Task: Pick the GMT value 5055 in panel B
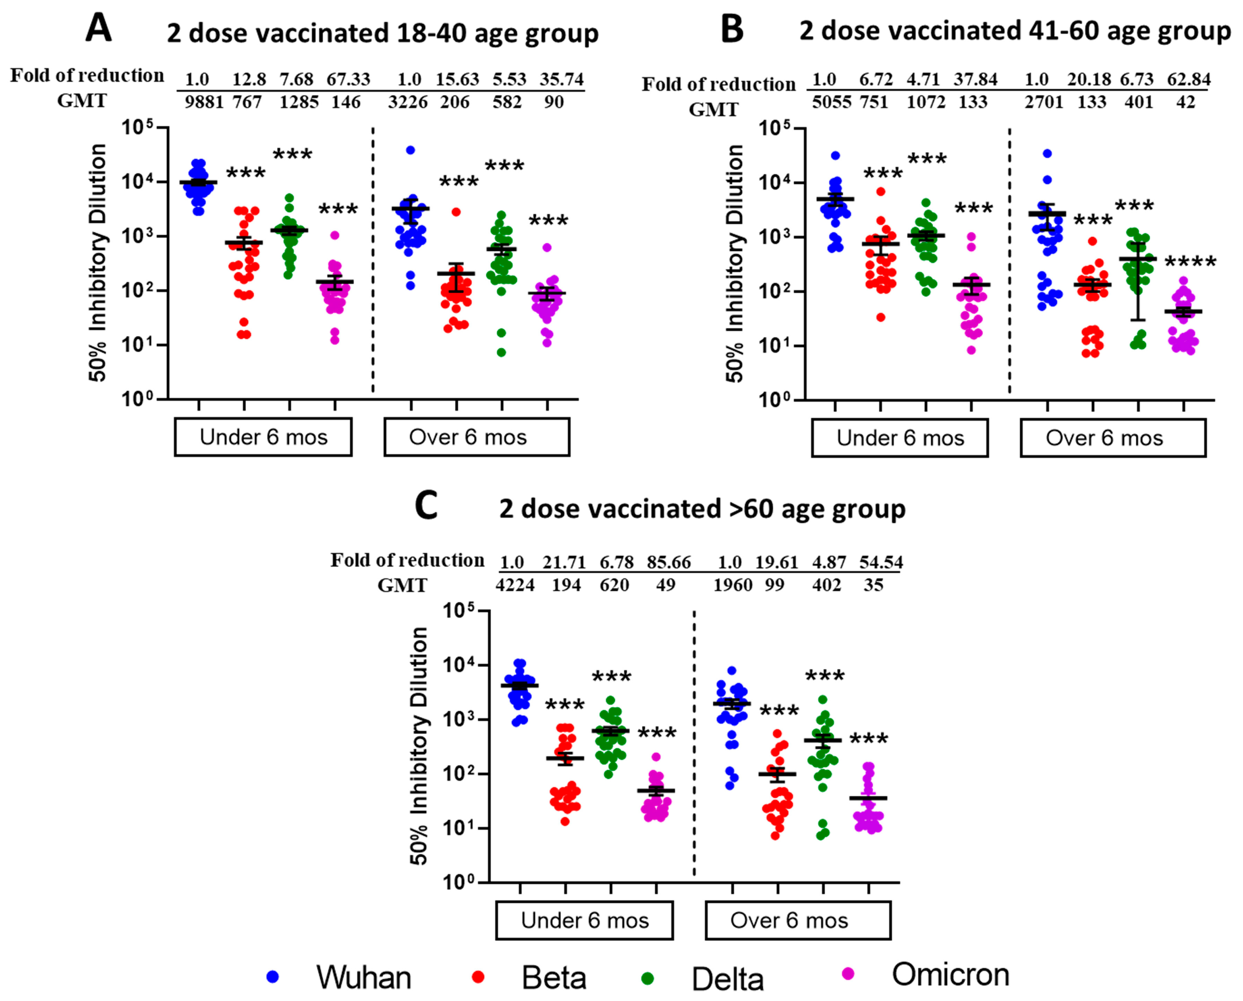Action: [831, 103]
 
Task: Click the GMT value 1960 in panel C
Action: [733, 585]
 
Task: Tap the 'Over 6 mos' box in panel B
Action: [1113, 438]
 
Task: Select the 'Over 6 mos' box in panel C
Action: [798, 920]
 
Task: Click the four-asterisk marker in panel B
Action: [1190, 262]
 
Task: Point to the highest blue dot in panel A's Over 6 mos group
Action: [410, 150]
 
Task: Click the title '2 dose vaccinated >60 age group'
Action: [702, 509]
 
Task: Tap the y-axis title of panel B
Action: [734, 263]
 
